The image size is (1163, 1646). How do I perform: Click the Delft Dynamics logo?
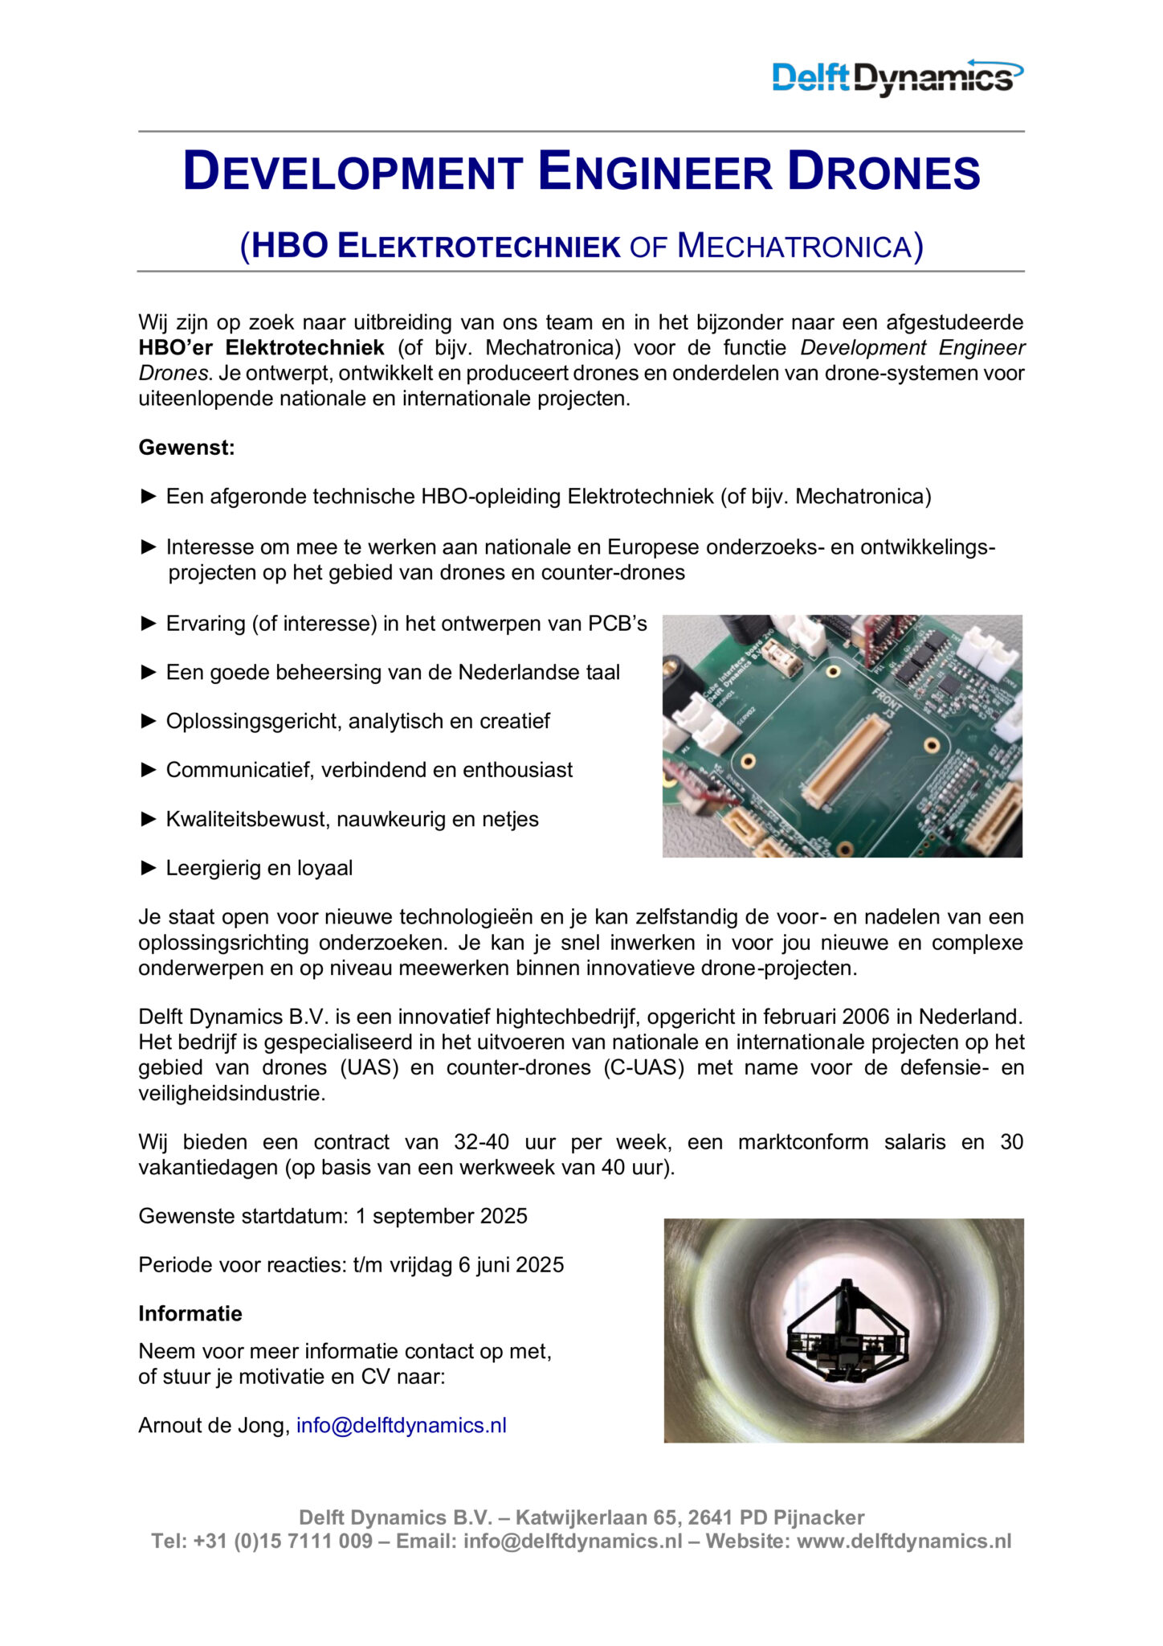pos(896,77)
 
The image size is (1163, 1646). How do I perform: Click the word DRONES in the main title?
pos(883,172)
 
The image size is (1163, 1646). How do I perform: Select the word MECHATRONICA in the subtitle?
pos(795,246)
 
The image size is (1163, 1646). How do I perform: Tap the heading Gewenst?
pos(186,448)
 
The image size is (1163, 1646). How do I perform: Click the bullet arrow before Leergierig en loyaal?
pos(149,867)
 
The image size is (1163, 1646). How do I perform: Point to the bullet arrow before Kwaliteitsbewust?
pos(149,818)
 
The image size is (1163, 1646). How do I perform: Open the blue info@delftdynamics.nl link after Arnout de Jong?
pos(401,1425)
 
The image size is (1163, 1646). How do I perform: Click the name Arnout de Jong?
pos(212,1425)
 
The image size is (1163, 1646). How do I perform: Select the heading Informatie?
pos(190,1313)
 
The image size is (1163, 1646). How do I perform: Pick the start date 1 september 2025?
pos(441,1216)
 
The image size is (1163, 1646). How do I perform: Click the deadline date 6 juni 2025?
pos(511,1265)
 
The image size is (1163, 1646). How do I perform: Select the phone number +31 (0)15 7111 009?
pos(283,1541)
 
